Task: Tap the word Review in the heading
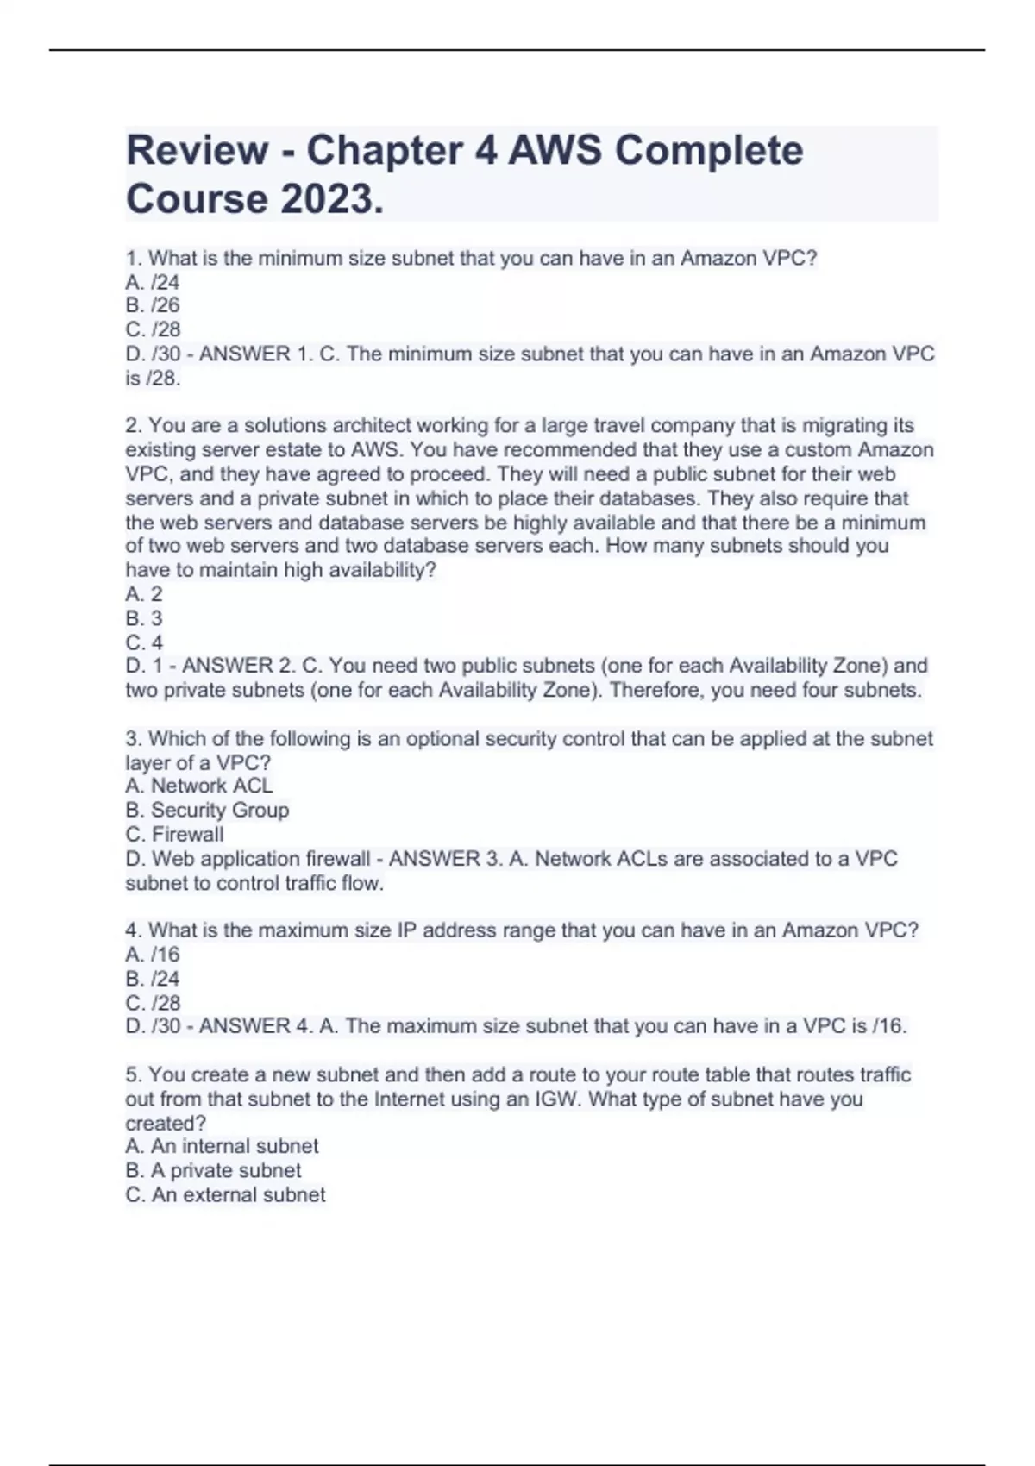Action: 197,150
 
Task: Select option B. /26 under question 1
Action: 153,305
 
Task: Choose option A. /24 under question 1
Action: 153,282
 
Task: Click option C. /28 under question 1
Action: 153,329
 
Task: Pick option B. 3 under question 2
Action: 144,618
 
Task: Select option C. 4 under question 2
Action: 144,642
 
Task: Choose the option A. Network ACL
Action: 199,786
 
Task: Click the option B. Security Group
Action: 207,810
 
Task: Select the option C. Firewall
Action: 174,834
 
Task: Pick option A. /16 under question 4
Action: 153,955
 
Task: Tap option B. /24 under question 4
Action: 153,979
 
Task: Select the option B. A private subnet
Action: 213,1170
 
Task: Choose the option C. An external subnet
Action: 225,1195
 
